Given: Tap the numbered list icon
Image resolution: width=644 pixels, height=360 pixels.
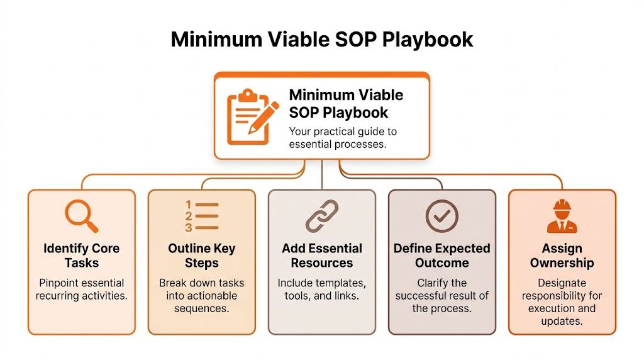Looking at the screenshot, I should (x=202, y=216).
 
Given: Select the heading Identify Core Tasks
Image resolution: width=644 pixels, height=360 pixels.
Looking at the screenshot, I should (x=82, y=255).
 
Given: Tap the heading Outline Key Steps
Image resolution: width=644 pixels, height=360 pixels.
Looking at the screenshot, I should (x=202, y=255).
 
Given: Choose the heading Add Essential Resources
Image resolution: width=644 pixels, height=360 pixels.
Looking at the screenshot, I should (x=322, y=255).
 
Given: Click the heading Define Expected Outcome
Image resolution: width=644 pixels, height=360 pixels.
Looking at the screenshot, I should (x=441, y=255).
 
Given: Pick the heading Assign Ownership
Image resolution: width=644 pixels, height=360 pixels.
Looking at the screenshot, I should (x=562, y=255).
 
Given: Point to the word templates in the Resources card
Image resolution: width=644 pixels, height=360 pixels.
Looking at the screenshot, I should (x=343, y=283).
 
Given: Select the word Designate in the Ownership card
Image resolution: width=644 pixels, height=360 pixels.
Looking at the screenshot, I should (x=562, y=283).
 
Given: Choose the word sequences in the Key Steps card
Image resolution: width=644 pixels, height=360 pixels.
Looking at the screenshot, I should (x=202, y=309).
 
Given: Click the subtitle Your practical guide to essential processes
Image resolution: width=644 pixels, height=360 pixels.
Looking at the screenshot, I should (x=343, y=138).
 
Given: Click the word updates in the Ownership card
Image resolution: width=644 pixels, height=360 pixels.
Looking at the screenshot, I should (x=562, y=322).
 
